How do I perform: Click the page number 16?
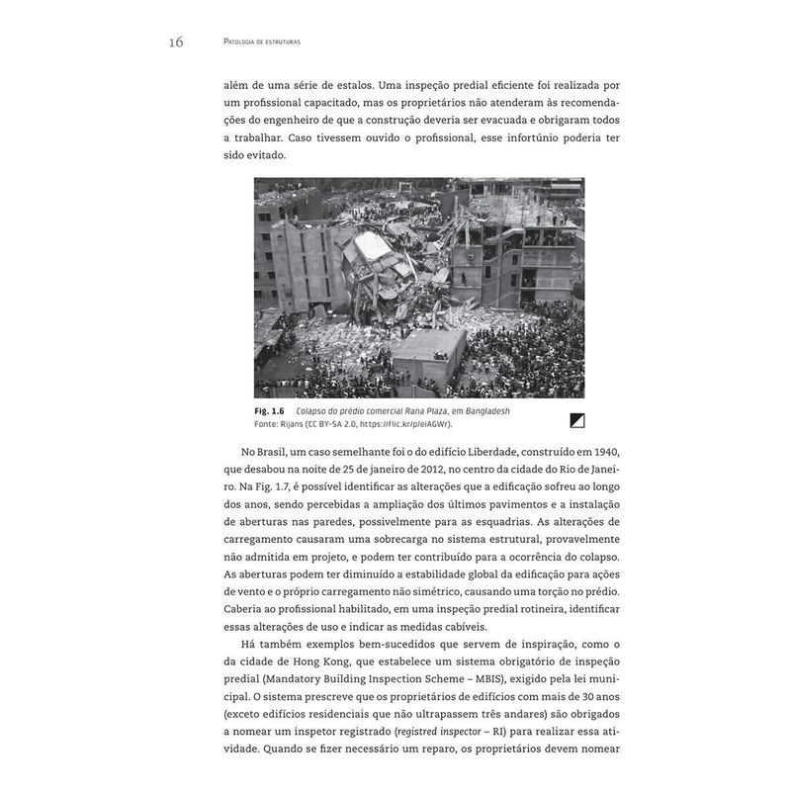click(176, 42)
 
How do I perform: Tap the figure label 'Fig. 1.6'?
click(270, 410)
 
